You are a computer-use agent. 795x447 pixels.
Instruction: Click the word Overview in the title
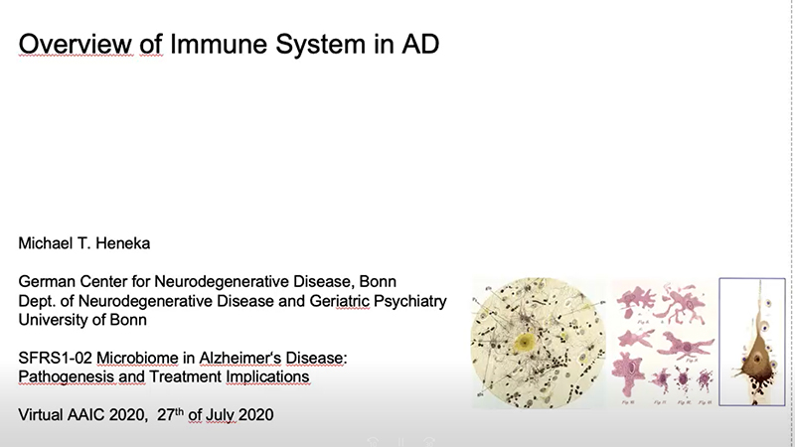click(x=76, y=44)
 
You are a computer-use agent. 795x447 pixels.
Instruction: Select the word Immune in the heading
click(x=219, y=44)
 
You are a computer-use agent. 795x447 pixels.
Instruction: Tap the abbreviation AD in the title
click(x=420, y=44)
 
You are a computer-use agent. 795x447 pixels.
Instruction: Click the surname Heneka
click(x=122, y=243)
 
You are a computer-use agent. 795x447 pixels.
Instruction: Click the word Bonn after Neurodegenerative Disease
click(x=378, y=281)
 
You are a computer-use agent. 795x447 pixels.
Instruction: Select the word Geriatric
click(x=339, y=301)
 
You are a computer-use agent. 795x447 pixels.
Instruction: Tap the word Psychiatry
click(x=409, y=301)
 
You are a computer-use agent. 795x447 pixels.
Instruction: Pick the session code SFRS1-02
click(x=56, y=358)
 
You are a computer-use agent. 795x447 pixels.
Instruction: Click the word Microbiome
click(x=137, y=358)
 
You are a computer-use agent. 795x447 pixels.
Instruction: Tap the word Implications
click(x=267, y=377)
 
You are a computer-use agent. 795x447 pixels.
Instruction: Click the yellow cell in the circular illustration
click(x=524, y=343)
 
